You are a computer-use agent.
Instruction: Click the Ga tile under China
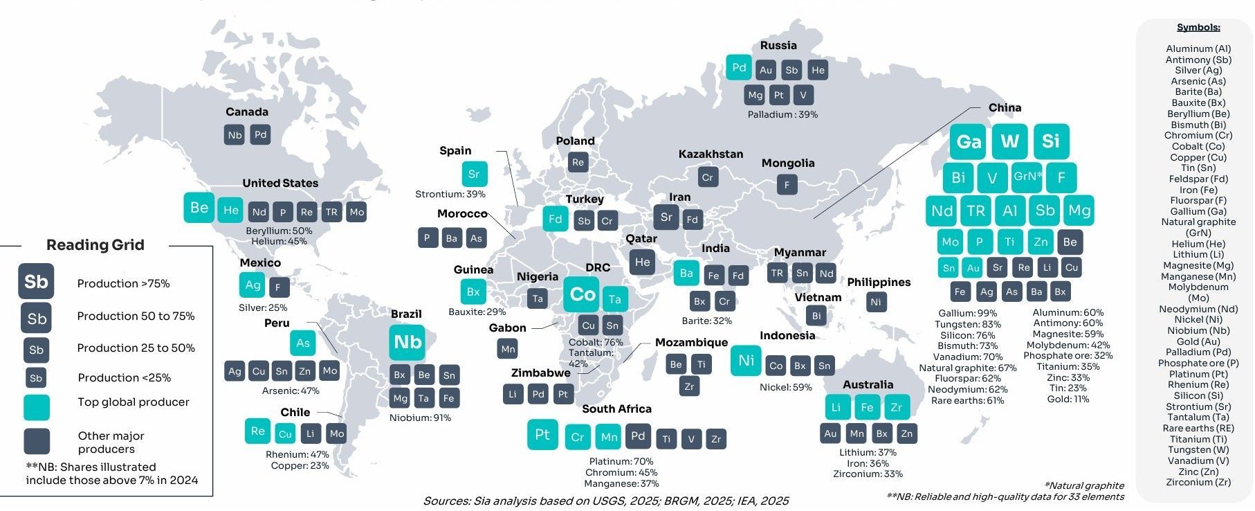(969, 141)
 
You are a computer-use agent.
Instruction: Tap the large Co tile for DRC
(582, 295)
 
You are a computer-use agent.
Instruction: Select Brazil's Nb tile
(407, 342)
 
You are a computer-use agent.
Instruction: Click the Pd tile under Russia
(739, 67)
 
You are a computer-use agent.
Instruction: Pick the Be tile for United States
(199, 208)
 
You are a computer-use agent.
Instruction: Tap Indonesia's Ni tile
(746, 361)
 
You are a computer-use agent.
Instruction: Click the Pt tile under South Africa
(542, 435)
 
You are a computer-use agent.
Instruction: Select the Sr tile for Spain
(474, 174)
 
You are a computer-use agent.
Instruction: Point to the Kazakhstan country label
(711, 154)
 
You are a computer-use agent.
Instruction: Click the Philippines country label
(879, 282)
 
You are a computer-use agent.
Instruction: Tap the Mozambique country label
(691, 342)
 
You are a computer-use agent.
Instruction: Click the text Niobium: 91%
(420, 418)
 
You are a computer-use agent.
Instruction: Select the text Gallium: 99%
(968, 313)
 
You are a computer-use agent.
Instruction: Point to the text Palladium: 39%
(782, 114)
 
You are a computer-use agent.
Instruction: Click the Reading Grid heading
(95, 244)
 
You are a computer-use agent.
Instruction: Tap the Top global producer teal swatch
(37, 407)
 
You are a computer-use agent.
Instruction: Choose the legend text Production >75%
(123, 283)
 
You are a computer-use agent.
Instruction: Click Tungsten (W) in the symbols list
(1198, 449)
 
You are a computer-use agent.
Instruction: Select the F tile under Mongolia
(787, 185)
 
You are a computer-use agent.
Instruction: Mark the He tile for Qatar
(642, 262)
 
